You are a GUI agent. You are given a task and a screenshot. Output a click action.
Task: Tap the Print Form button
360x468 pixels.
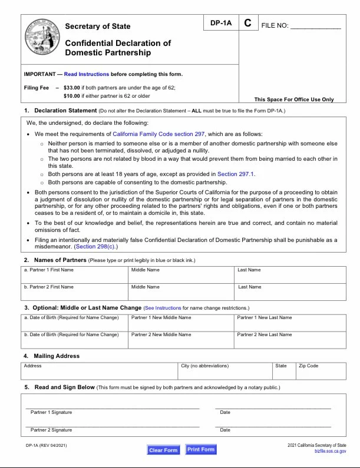[x=200, y=450]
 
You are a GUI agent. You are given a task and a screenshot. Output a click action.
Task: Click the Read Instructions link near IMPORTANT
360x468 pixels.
[x=87, y=74]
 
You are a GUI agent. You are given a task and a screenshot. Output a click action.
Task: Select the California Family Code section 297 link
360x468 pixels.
[x=158, y=134]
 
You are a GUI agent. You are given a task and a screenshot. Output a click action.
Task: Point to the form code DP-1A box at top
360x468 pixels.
[x=221, y=24]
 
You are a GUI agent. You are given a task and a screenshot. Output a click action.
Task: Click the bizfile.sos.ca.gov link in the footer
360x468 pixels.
[x=331, y=450]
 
